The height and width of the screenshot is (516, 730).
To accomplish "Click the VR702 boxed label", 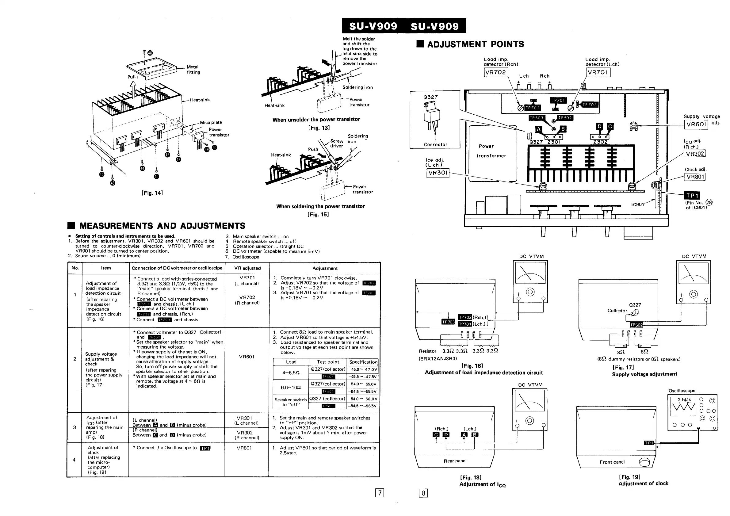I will (x=496, y=72).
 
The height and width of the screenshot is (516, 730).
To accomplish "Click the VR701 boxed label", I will (x=598, y=72).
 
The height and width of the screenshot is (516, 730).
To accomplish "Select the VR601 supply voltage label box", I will (x=696, y=124).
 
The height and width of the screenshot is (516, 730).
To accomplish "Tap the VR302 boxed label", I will (x=695, y=154).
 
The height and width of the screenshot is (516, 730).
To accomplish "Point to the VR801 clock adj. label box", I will (x=695, y=177).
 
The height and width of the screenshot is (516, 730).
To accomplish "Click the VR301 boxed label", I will (x=438, y=173).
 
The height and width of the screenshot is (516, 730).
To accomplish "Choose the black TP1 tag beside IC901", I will (x=692, y=196).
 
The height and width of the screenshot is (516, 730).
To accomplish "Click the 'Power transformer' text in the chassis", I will (x=491, y=151).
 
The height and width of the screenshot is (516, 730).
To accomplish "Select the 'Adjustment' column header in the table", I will (x=325, y=268).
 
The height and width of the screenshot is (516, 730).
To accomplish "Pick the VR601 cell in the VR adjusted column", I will (x=247, y=357).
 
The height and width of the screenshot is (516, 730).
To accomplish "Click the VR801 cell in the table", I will (x=244, y=448).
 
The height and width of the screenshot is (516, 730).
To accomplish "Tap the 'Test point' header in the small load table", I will (x=328, y=362).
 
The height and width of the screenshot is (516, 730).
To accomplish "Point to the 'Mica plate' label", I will (x=211, y=122).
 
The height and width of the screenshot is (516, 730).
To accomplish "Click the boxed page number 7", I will (x=380, y=493).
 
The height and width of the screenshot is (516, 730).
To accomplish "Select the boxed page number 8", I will (x=423, y=493).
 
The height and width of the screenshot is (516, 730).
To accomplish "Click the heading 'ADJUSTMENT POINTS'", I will (x=475, y=44).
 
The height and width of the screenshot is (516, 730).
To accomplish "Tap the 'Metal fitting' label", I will (x=193, y=70).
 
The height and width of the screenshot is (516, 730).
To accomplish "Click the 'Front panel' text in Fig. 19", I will (x=612, y=462).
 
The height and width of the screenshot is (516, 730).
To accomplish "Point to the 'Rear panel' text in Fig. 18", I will (x=455, y=461).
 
